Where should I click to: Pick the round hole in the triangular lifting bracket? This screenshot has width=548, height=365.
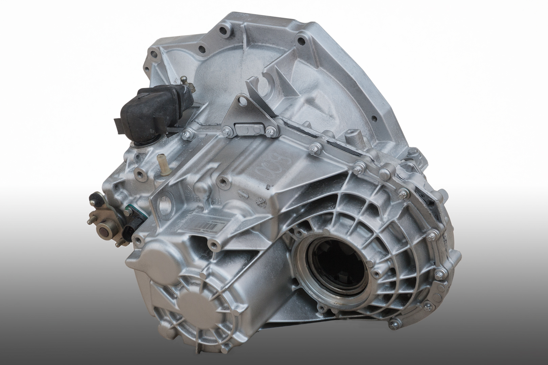[241, 100]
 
